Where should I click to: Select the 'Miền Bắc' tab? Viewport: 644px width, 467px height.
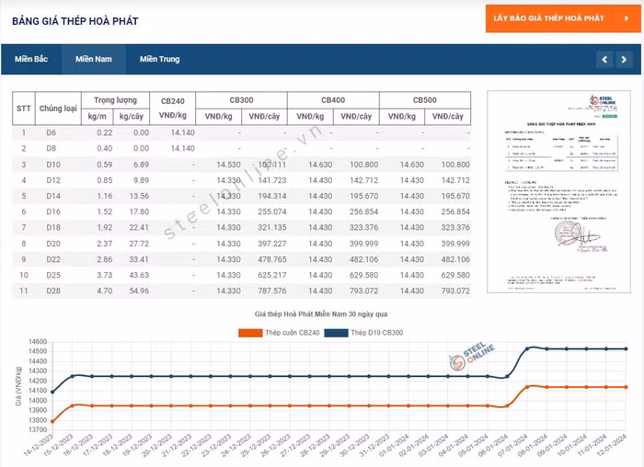pos(31,60)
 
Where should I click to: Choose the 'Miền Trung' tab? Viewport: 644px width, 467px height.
pos(160,60)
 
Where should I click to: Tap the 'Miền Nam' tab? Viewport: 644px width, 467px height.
pos(94,60)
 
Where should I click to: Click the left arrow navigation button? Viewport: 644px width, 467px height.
pos(604,60)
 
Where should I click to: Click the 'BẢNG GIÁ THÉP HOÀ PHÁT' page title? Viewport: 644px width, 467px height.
pos(75,20)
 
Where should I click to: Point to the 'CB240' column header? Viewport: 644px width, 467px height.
pos(172,100)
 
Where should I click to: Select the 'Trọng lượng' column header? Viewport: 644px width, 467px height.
pos(115,100)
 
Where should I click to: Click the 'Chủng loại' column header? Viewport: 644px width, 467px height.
pos(59,108)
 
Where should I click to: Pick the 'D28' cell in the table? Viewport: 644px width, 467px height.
pos(52,290)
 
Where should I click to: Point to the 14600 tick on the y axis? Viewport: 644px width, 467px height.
pos(38,342)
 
